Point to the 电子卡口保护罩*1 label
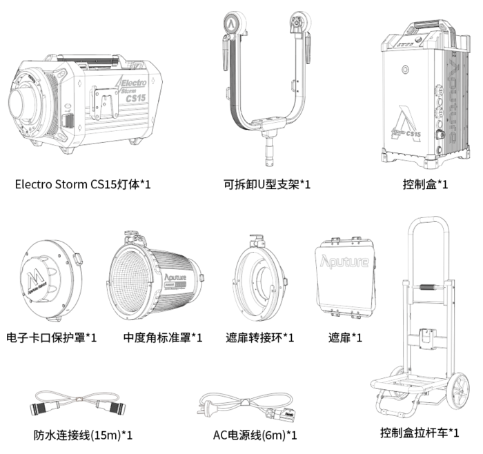click(52, 337)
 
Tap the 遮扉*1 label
click(347, 337)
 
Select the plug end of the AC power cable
click(205, 404)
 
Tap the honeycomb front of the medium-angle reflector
click(132, 279)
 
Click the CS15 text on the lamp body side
click(136, 99)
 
